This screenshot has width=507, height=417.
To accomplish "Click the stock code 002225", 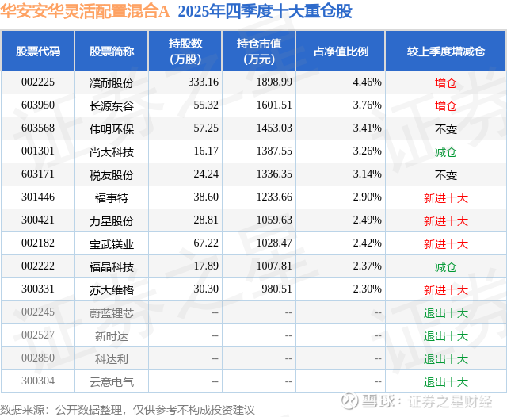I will click(38, 82).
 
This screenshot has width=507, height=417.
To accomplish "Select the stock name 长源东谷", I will click(112, 105).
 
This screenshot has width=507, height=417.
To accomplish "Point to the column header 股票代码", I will click(38, 51).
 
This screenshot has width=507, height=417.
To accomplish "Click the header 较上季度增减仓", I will click(446, 51).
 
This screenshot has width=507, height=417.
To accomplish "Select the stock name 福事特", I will click(112, 197).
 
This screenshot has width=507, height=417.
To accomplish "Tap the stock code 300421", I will click(38, 220).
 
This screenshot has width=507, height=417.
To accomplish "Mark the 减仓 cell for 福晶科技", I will click(446, 267).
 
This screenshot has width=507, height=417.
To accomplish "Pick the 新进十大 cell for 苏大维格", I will click(446, 290).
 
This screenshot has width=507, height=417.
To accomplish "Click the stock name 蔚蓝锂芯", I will click(112, 313).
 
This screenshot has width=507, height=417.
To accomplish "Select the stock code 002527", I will click(38, 336).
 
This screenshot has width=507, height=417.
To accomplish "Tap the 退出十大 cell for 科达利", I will click(446, 359).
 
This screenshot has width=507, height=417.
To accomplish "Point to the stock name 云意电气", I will click(112, 382).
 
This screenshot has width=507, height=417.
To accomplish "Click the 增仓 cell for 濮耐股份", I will click(446, 82).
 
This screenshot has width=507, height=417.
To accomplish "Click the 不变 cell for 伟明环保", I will click(446, 128).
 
